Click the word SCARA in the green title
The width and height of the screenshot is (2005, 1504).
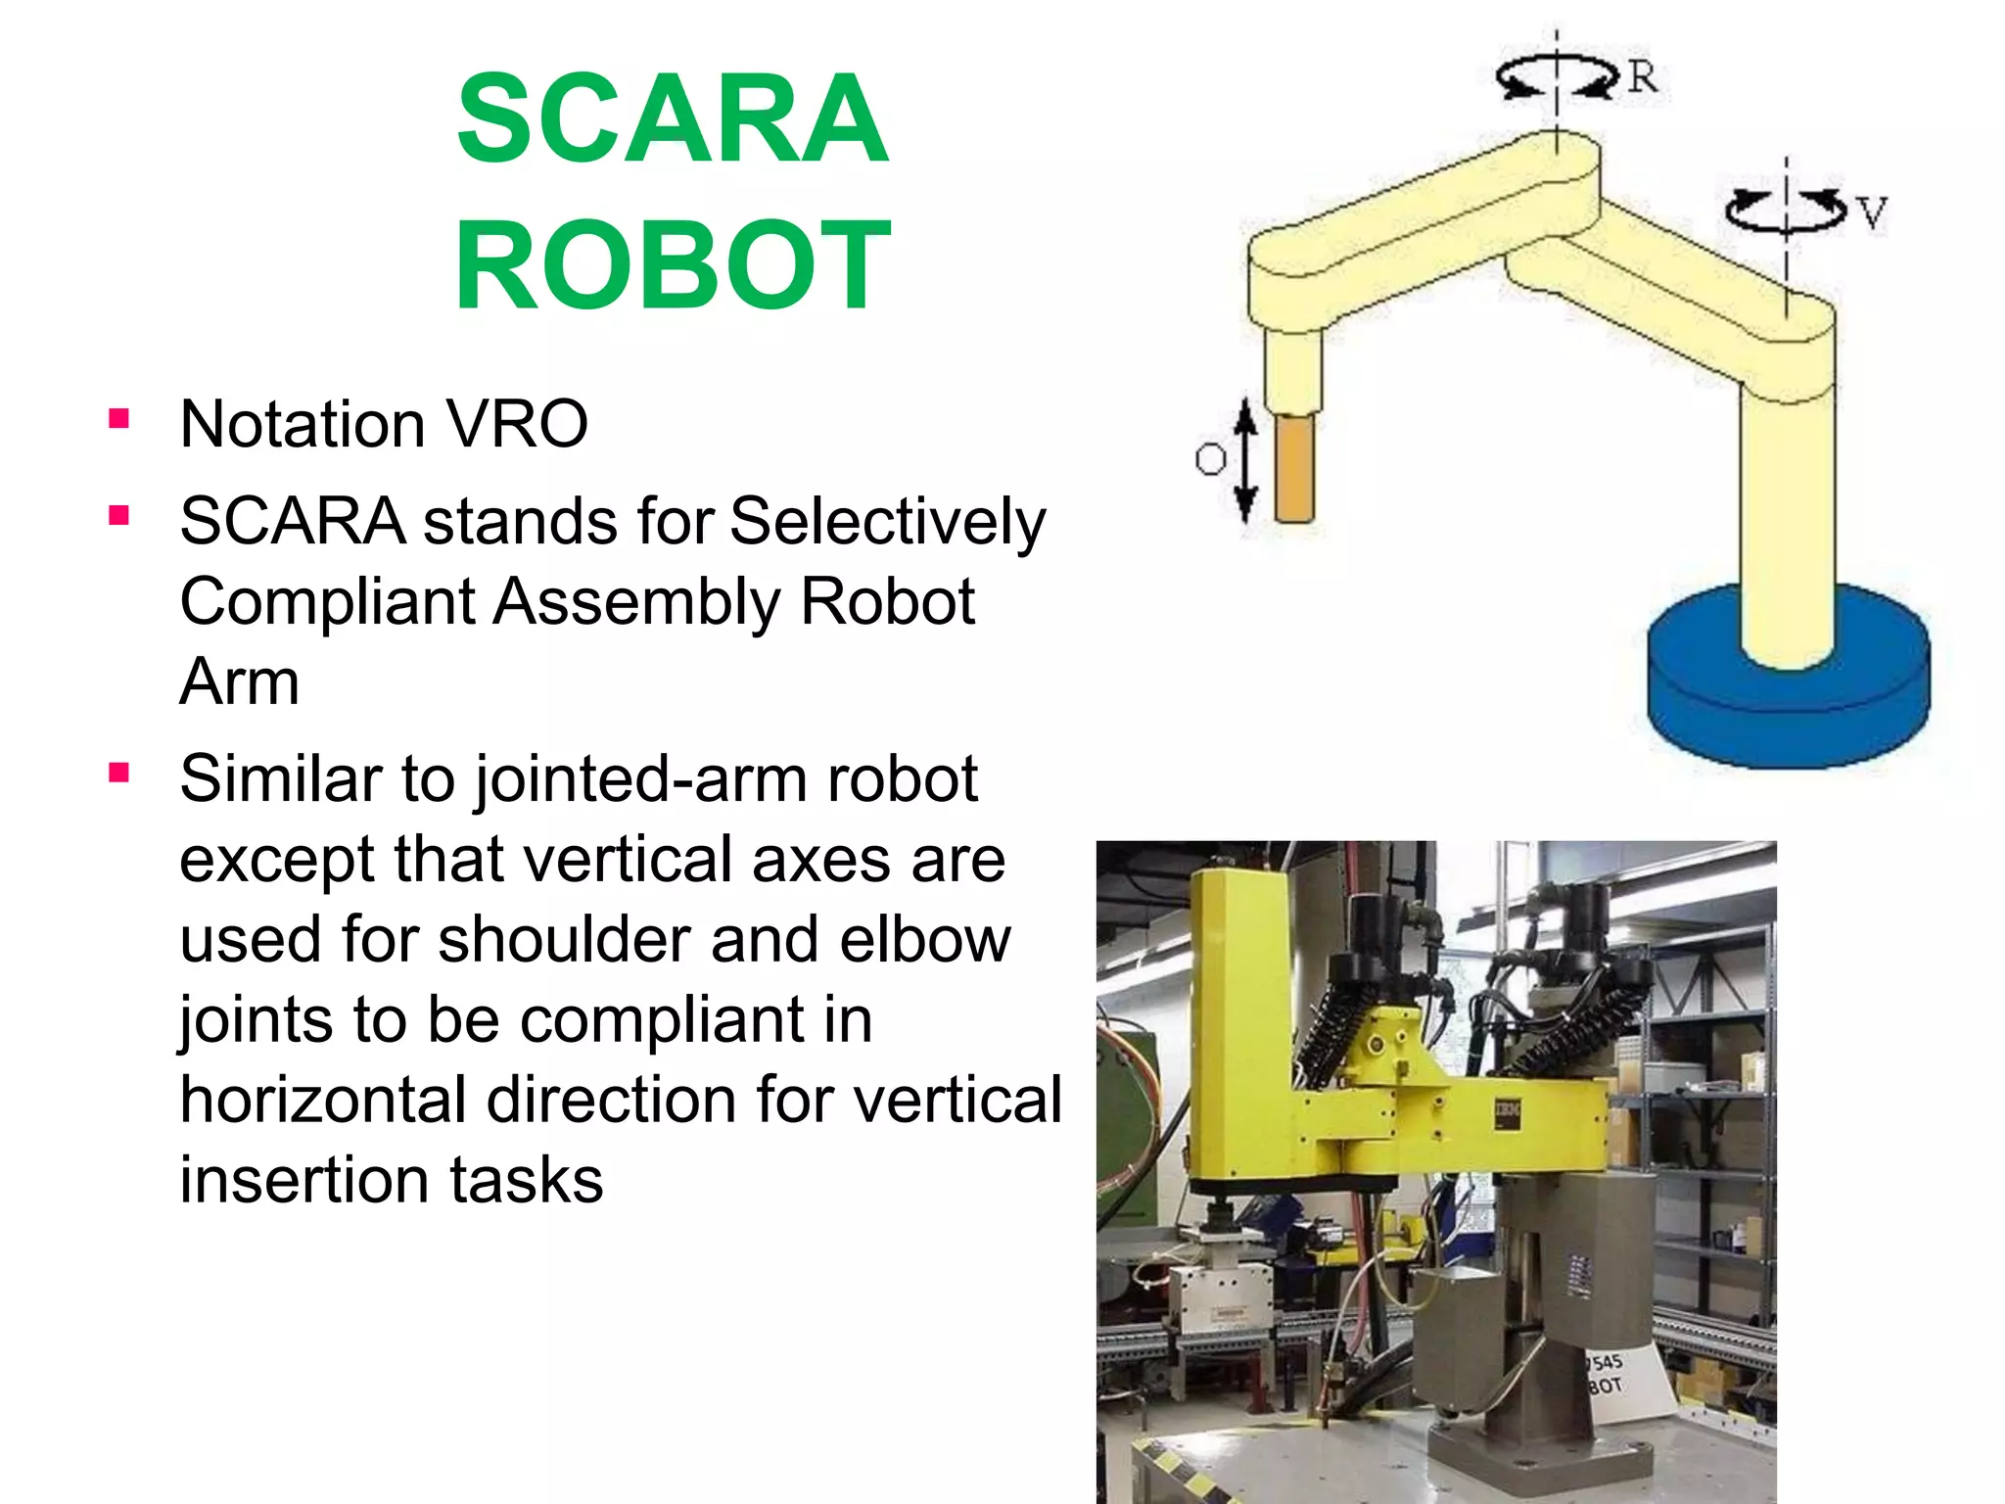673,119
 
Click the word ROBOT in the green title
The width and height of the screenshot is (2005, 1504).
673,264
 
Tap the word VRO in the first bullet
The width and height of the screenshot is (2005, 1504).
516,424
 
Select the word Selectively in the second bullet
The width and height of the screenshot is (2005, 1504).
887,521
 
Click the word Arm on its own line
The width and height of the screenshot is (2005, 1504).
239,681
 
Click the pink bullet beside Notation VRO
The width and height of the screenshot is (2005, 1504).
119,420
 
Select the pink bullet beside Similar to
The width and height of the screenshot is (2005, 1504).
119,774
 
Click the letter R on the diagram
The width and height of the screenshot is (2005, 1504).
1643,76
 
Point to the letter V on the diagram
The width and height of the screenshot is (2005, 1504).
1871,212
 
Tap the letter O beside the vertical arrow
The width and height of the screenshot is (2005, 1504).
1210,458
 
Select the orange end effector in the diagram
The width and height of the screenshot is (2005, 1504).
1294,468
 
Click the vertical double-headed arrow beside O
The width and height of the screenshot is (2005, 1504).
1244,460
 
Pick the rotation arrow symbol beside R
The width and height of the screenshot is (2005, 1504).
1557,76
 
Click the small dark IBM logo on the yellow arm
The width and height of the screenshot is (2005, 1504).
1507,1113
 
